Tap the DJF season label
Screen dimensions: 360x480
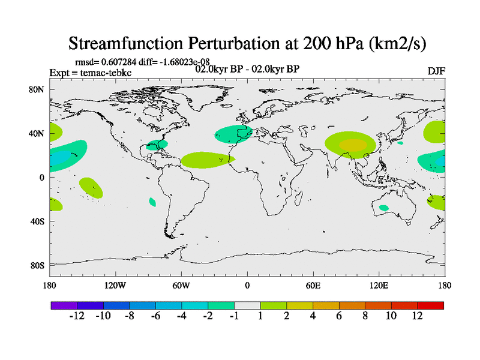coord(436,71)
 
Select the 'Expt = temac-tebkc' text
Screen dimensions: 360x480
coord(90,73)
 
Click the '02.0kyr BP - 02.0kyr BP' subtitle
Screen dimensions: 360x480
coord(247,68)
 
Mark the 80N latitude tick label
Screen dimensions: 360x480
coord(38,89)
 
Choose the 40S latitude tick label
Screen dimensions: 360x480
coord(38,221)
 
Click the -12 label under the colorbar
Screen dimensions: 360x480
coord(77,316)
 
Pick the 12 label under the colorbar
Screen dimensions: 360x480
coord(418,316)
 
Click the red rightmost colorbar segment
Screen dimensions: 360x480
coord(431,305)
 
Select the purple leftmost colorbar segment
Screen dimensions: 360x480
coord(64,305)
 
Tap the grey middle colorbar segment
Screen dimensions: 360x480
coord(247,305)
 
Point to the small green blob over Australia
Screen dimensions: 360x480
coord(383,208)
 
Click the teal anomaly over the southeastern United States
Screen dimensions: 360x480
coord(157,145)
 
